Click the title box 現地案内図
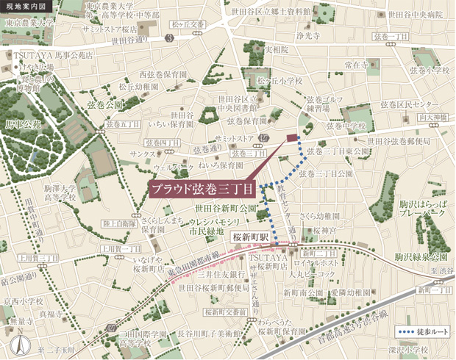click(x=24, y=7)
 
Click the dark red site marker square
click(x=292, y=137)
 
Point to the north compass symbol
click(x=24, y=342)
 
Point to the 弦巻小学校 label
click(x=430, y=70)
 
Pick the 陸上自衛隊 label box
click(x=118, y=223)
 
